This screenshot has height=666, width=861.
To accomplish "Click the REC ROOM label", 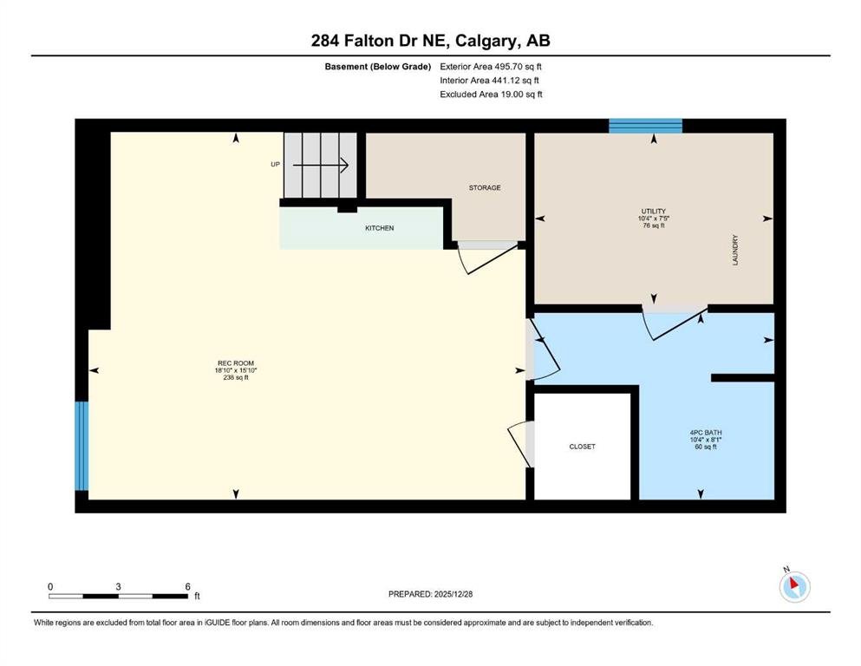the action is pos(236,363).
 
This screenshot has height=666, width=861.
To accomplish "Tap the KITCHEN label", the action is pos(380,228).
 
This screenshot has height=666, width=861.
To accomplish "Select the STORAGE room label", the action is pos(485,188).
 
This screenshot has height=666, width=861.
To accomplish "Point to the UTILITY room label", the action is pos(654,211).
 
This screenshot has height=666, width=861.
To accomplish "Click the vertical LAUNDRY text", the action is pos(735,251).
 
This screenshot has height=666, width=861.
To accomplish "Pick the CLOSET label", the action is pos(582,447).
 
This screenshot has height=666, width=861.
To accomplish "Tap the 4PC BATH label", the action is pos(706,433).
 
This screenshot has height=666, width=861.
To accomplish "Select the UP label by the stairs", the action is pos(275,164).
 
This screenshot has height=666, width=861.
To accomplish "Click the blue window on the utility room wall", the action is pos(646,126).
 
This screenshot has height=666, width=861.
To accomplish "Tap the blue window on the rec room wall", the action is pos(82,446).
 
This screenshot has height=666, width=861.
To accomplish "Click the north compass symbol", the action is pos(794,586).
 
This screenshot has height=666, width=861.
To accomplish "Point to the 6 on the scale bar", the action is pos(188,586).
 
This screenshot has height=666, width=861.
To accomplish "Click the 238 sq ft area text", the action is pos(236,377).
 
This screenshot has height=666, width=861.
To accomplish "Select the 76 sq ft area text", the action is pos(654,225).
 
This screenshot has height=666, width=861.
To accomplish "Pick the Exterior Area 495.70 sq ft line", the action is pos(491,67).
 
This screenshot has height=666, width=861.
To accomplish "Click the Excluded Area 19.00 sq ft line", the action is pos(491,95).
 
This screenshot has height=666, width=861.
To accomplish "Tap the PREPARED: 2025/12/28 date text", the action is pos(430,594).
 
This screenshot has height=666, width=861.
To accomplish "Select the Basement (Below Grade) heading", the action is pos(378,67).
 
